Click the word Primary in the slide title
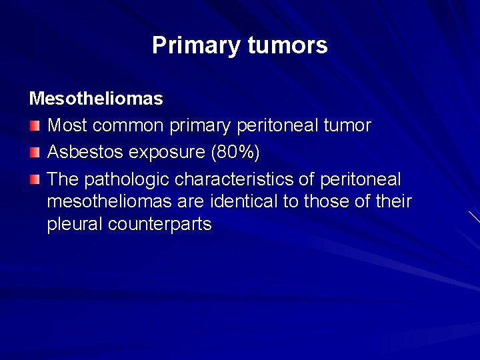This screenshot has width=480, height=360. (x=196, y=45)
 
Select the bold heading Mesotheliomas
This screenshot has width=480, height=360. (x=96, y=99)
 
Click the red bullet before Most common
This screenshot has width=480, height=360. (x=35, y=126)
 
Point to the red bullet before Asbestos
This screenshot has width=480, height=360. (x=35, y=153)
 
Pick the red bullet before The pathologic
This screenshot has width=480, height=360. (x=35, y=180)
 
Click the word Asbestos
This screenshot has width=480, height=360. (x=85, y=153)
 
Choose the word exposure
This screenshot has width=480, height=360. (x=166, y=153)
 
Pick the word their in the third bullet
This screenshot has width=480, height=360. (x=394, y=201)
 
